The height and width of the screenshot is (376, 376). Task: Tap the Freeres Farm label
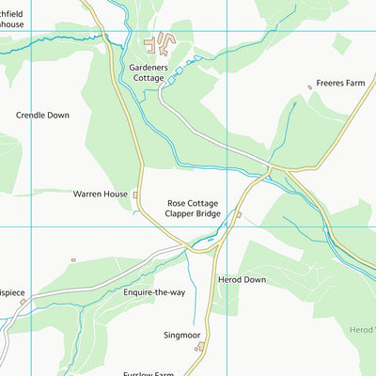click(x=339, y=82)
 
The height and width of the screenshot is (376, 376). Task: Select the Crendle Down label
click(x=42, y=115)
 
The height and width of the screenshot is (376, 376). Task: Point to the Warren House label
click(x=100, y=195)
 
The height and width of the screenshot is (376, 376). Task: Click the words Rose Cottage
click(x=193, y=202)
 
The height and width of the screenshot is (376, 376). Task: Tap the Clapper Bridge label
click(x=193, y=214)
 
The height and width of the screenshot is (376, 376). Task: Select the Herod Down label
click(x=243, y=280)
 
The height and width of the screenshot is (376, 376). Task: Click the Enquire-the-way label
click(x=154, y=292)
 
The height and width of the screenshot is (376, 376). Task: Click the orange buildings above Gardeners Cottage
click(x=162, y=41)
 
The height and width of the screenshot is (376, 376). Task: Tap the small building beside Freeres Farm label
click(x=309, y=87)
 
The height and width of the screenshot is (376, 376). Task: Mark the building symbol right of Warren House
click(x=136, y=196)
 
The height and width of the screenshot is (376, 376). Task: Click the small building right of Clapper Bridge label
click(x=239, y=214)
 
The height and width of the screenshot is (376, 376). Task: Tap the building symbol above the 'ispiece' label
click(x=23, y=302)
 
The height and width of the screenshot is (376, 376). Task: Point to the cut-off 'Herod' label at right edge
click(x=361, y=329)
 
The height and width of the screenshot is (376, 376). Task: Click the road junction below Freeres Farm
click(x=270, y=168)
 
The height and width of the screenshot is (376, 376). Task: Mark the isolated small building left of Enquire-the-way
click(x=72, y=260)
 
